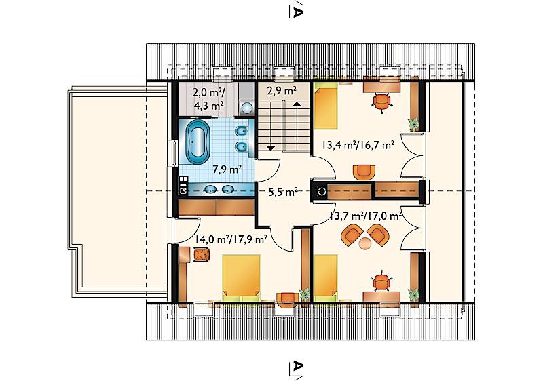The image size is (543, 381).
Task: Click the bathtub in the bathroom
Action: [x=198, y=142]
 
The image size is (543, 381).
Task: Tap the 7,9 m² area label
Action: [x=227, y=169]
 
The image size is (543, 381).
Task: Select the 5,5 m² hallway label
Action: [x=283, y=192]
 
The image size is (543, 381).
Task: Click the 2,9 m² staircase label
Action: [x=282, y=92]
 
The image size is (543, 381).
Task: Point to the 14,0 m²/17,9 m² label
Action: [x=231, y=239]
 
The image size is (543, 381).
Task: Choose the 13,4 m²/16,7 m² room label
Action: [x=358, y=145]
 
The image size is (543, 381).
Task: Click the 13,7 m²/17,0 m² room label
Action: [x=365, y=216]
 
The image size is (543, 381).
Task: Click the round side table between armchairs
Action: [x=364, y=243]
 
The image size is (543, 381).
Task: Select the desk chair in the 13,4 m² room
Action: [x=381, y=102]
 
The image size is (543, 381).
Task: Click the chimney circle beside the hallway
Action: [x=322, y=191]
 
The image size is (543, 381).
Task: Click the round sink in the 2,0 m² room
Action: [x=246, y=107]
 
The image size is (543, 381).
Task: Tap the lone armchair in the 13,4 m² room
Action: [x=364, y=172]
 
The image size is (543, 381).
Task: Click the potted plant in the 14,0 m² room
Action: [x=305, y=295]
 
